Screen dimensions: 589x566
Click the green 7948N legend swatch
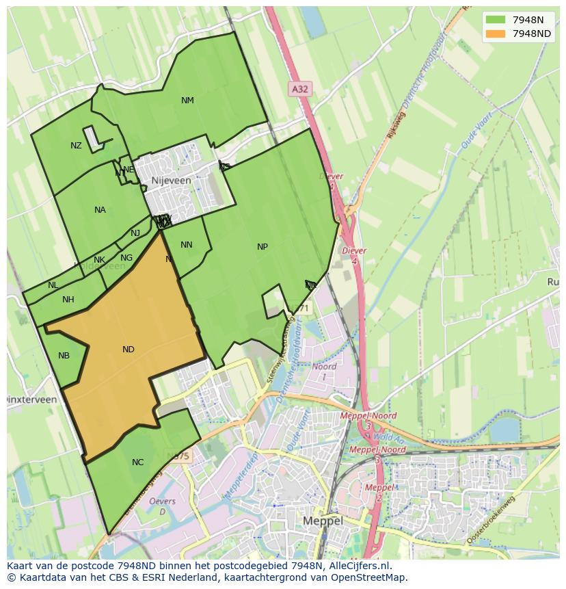[x=496, y=19]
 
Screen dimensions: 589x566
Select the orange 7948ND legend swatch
[x=496, y=34]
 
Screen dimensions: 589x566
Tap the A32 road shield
[x=299, y=89]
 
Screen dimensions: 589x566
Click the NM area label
[x=187, y=101]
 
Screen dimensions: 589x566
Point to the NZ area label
[x=76, y=146]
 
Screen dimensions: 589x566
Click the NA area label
[x=100, y=210]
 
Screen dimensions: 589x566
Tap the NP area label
[x=262, y=247]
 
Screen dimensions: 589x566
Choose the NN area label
[x=187, y=245]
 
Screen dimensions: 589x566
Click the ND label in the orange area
[x=128, y=350]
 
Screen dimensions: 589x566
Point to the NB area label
[x=64, y=356]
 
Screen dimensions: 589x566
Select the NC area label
[x=137, y=462]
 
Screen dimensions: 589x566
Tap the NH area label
[x=68, y=300]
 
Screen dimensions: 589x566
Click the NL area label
[x=53, y=285]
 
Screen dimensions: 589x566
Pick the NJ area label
[x=135, y=233]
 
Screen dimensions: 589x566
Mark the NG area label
[x=126, y=258]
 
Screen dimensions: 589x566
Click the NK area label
[x=100, y=260]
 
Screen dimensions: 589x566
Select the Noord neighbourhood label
[x=324, y=367]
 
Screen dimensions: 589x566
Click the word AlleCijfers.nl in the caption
[x=358, y=566]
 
